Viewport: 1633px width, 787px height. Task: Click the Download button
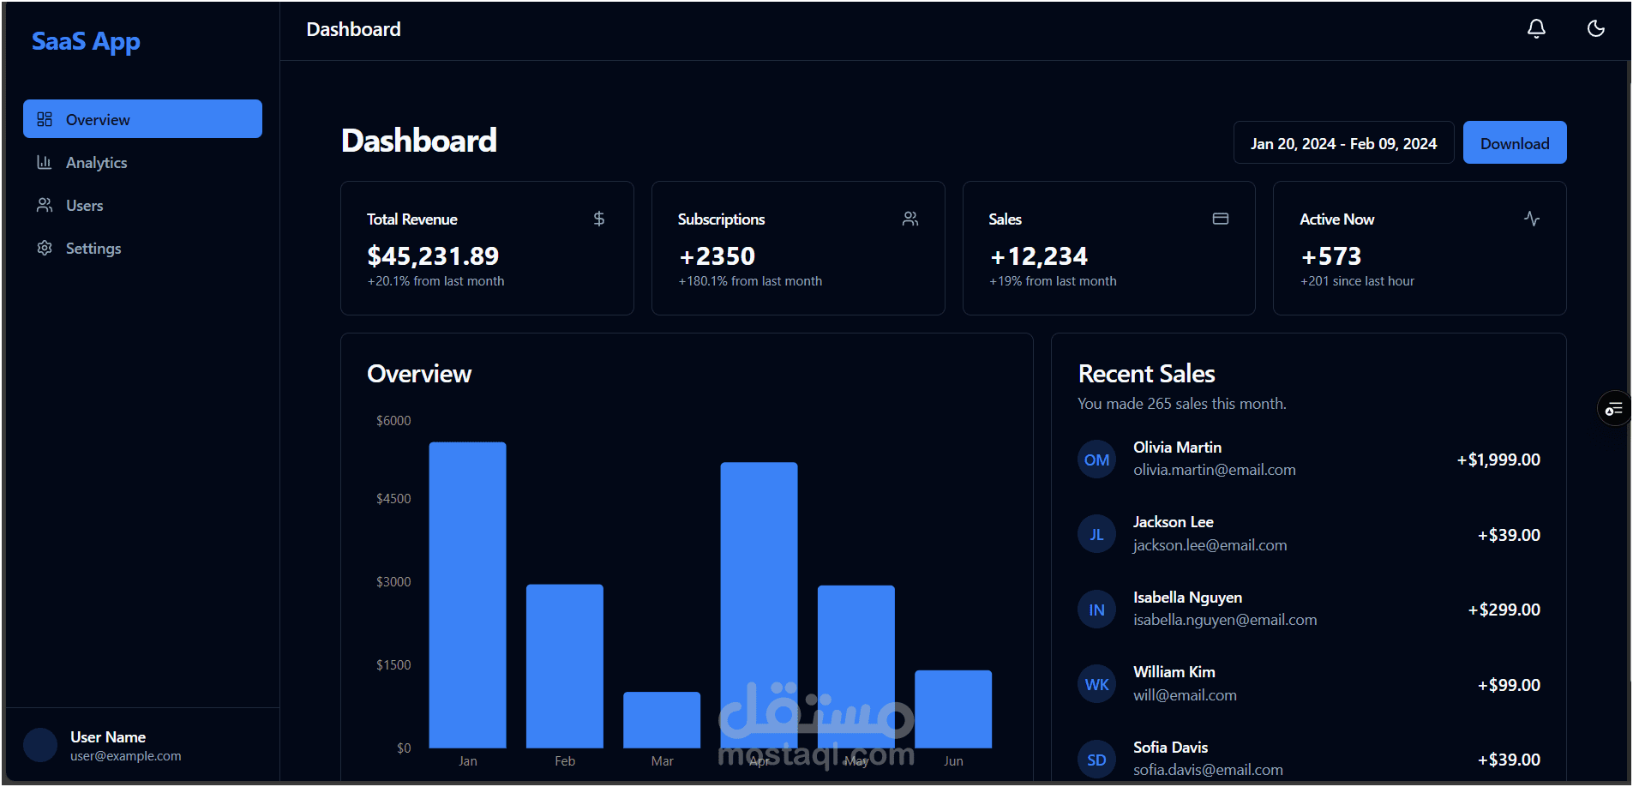click(1514, 143)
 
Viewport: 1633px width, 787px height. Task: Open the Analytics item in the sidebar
click(96, 163)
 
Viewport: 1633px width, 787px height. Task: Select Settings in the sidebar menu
click(93, 249)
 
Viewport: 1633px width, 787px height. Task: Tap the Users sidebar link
click(84, 206)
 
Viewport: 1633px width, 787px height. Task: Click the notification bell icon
click(1536, 29)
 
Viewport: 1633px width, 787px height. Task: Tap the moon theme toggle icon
click(1595, 29)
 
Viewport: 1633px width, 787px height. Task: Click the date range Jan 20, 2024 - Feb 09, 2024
click(1343, 143)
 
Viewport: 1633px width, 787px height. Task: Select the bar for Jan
click(467, 595)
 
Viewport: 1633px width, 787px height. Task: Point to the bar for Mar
click(662, 719)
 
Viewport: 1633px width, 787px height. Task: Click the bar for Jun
click(953, 709)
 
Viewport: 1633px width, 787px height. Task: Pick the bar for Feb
click(564, 666)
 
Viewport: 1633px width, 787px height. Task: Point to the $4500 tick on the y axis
click(393, 499)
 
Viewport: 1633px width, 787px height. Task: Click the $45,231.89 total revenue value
click(433, 256)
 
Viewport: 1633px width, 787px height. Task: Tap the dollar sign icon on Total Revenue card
click(599, 219)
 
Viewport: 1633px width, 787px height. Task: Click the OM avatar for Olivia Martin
click(1096, 460)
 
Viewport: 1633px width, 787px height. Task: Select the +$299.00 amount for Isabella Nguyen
click(1504, 610)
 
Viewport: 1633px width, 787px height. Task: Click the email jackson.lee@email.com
click(1210, 545)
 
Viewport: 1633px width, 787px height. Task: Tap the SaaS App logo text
click(86, 41)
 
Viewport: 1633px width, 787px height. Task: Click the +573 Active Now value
click(1330, 256)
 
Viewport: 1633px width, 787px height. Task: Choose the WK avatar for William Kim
click(1096, 685)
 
